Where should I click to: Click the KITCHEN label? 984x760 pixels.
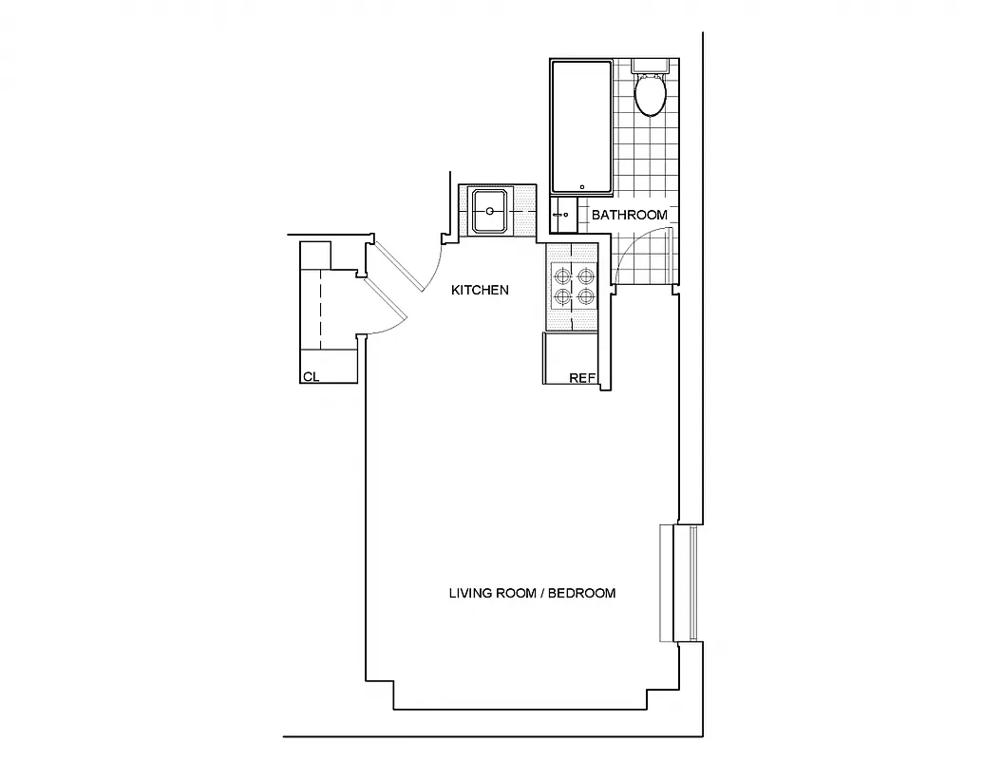480,290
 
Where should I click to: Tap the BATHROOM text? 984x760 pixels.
629,216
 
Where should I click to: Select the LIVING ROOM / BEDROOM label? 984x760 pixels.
532,593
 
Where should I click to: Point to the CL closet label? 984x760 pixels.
310,377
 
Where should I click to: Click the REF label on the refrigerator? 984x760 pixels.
581,378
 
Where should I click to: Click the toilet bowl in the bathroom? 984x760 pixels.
651,96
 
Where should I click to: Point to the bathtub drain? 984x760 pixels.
581,182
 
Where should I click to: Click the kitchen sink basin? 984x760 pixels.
490,211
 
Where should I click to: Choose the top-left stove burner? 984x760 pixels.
562,276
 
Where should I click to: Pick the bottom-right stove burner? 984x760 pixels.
586,297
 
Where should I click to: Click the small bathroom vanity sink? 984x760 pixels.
562,215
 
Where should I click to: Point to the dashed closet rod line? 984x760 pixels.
320,310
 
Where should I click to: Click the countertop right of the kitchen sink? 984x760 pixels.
526,211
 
